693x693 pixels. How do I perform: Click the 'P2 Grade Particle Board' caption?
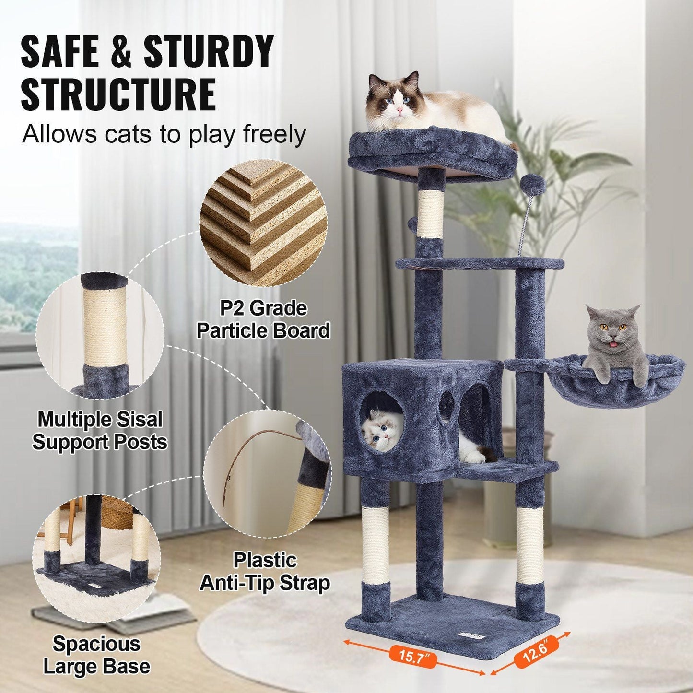coord(263,319)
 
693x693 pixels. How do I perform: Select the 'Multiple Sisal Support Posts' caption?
coord(100,431)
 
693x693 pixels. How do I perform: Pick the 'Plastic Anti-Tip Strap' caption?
coord(265,572)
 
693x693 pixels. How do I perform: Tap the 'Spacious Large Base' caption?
coord(96,655)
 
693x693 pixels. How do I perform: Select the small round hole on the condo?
coord(446,406)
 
